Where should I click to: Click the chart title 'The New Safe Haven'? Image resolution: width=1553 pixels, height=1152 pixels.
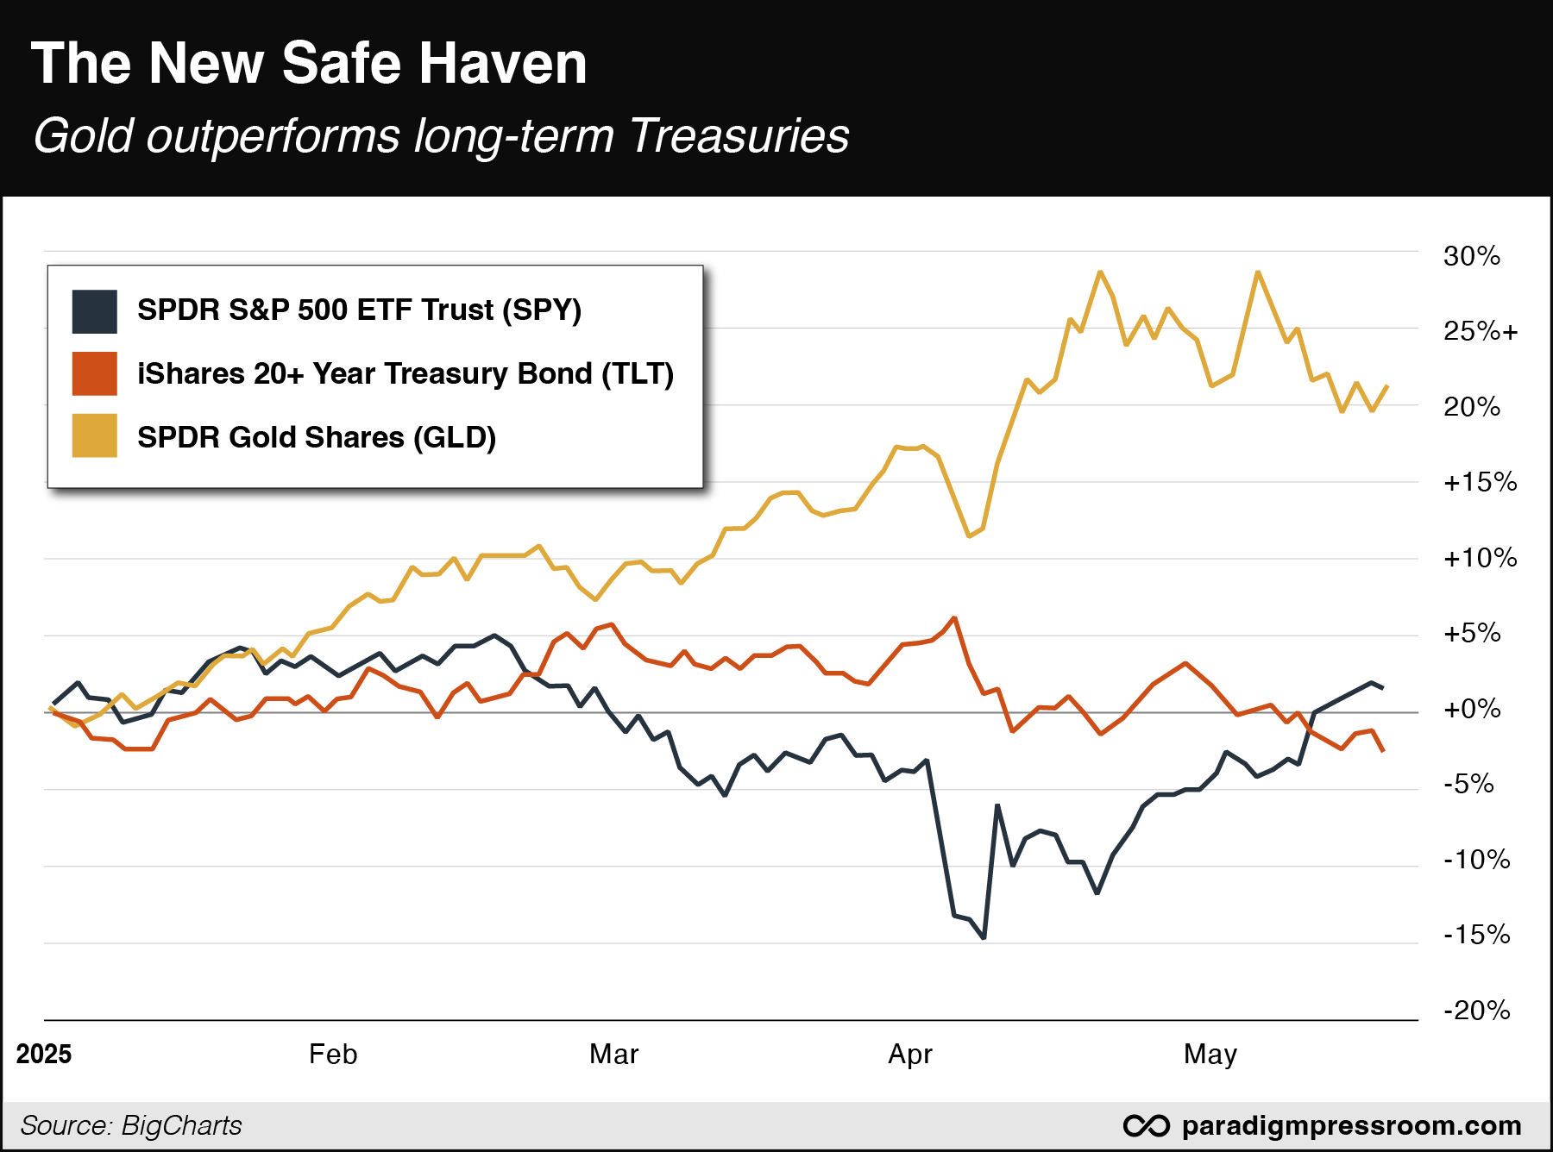point(309,64)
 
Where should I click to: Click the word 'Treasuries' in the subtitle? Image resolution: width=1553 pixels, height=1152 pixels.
point(739,136)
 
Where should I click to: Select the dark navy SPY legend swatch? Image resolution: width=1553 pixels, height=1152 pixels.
point(94,311)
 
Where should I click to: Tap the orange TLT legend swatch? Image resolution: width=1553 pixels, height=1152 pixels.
point(94,374)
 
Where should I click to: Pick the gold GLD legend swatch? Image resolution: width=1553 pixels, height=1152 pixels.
point(94,435)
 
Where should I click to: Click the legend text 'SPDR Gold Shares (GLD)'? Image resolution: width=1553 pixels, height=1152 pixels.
point(317,437)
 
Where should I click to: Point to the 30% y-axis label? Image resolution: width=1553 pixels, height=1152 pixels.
point(1471,256)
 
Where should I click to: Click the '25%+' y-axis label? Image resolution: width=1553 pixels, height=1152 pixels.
point(1480,331)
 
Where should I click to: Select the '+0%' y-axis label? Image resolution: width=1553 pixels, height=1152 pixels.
point(1472,709)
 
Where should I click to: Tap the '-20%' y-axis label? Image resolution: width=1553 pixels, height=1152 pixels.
point(1476,1010)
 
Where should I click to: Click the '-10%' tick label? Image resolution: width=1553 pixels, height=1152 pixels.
point(1476,859)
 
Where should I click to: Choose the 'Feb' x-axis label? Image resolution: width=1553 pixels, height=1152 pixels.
point(333,1054)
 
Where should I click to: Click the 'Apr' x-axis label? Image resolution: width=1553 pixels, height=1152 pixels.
point(910,1054)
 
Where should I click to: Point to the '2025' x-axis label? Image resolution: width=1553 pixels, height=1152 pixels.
point(44,1054)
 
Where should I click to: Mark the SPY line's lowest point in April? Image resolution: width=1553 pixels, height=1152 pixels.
point(984,937)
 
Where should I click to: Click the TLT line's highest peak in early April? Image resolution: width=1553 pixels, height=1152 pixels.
point(954,618)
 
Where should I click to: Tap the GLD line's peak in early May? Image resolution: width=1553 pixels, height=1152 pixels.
point(1258,272)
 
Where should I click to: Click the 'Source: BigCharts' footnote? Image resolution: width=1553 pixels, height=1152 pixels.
point(131,1125)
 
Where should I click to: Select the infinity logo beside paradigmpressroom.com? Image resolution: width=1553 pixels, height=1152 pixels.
point(1147,1125)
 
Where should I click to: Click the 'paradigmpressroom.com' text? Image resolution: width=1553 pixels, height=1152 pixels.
point(1351,1125)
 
